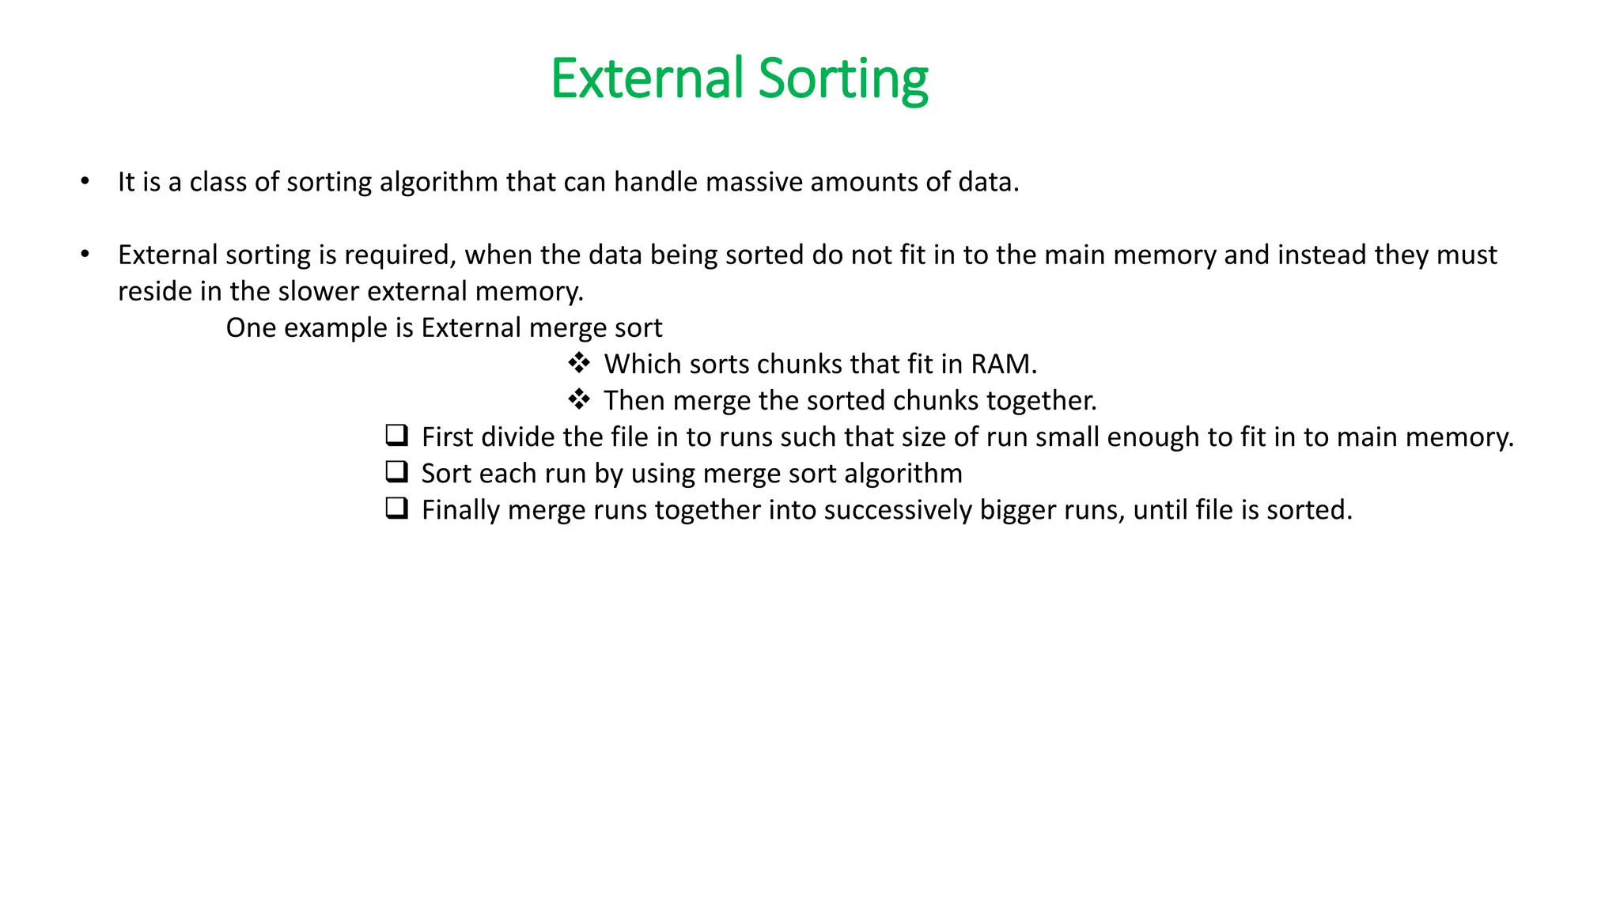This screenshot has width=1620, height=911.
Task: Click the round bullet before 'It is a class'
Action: click(85, 182)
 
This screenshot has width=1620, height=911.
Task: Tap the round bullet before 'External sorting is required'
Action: click(85, 255)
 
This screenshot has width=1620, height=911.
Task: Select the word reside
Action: click(154, 291)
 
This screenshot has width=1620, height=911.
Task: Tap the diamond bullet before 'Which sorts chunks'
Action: click(579, 363)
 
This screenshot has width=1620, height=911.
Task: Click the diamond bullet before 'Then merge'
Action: click(579, 399)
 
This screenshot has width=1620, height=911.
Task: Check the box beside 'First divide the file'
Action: click(396, 435)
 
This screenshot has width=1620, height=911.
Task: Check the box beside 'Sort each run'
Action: click(396, 471)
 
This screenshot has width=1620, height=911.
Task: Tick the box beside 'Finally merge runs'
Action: click(396, 508)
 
